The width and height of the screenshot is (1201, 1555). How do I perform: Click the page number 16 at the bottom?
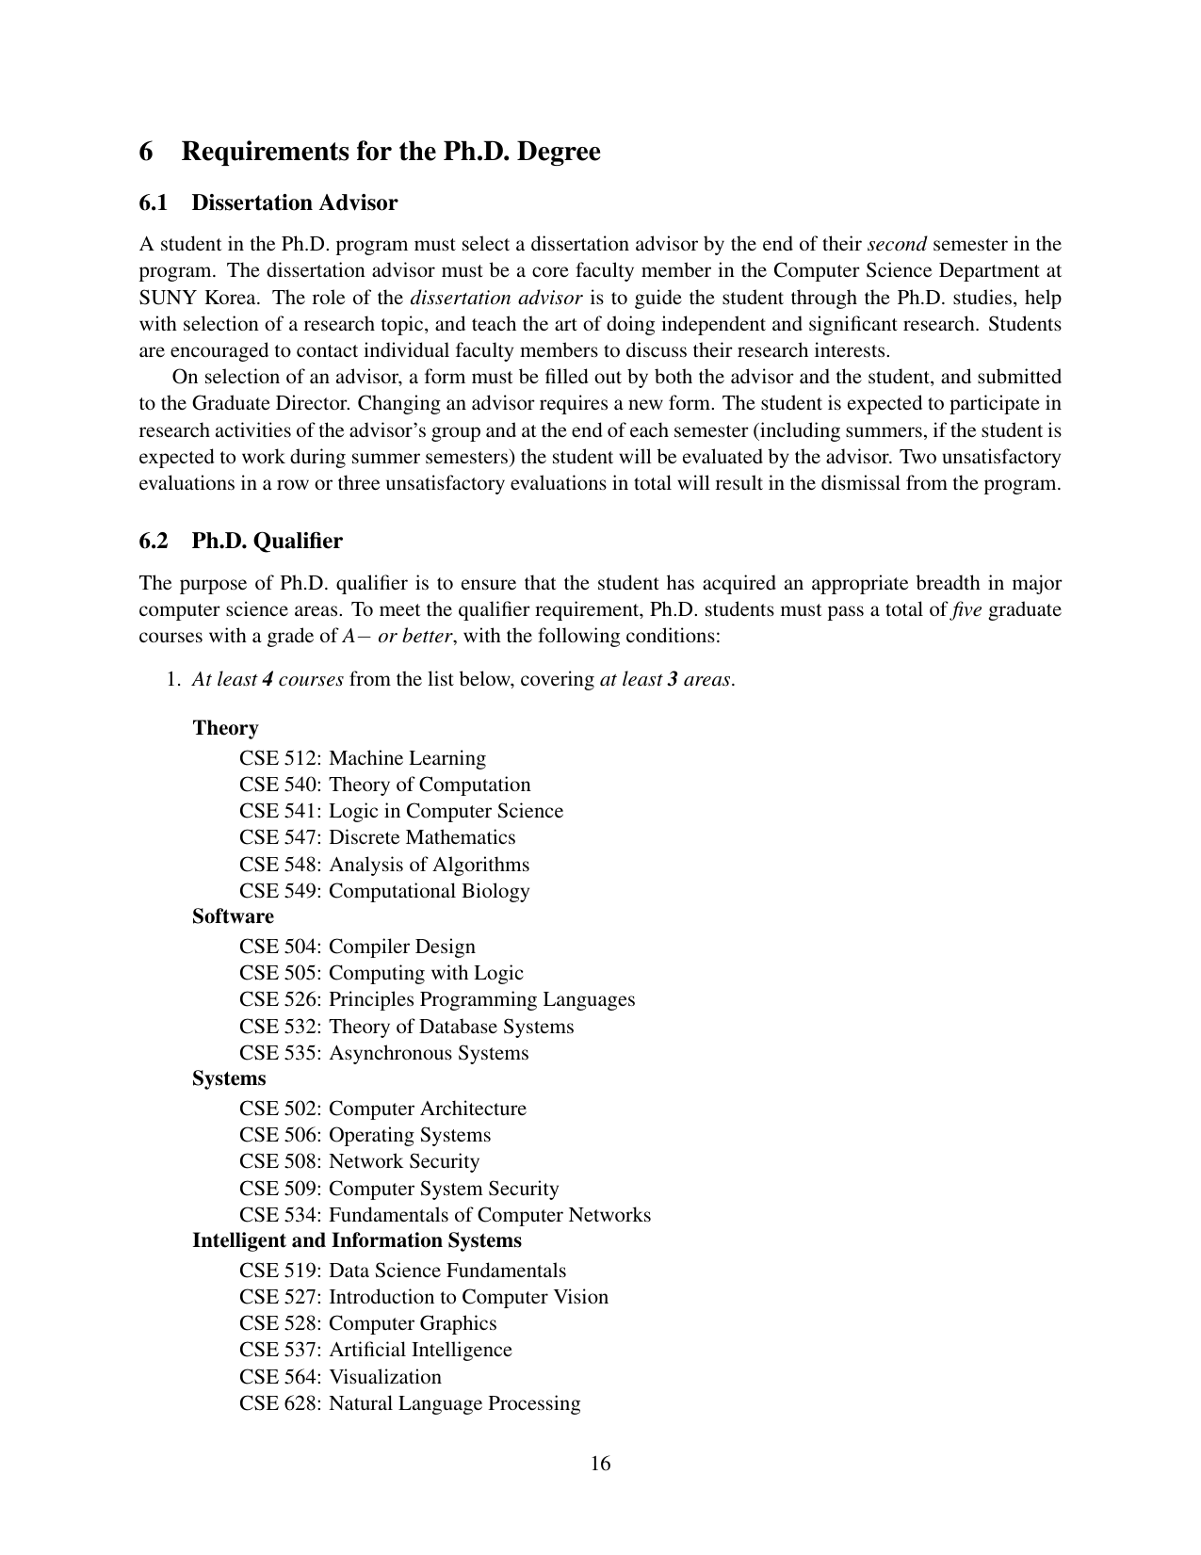coord(600,1464)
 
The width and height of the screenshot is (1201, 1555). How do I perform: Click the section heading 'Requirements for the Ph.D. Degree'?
coord(390,152)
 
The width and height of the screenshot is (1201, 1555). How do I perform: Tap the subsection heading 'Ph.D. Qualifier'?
coord(267,542)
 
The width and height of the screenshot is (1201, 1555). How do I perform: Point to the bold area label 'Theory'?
coord(225,728)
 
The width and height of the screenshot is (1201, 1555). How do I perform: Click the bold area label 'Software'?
coord(233,916)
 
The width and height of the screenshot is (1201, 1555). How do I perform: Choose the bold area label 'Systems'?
coord(229,1078)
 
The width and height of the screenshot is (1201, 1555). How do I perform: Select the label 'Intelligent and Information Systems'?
coord(356,1240)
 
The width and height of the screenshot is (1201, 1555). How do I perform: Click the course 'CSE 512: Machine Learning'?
coord(363,758)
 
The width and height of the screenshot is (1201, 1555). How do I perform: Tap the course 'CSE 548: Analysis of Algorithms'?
coord(384,865)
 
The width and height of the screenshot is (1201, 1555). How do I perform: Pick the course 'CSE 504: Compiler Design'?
coord(357,947)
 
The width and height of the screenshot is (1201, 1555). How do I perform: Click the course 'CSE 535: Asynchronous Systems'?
coord(383,1053)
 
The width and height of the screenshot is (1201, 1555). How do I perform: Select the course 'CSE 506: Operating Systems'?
coord(365,1135)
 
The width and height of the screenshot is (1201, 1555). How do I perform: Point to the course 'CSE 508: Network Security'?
coord(359,1161)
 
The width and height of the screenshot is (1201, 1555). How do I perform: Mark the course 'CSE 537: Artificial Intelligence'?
coord(376,1350)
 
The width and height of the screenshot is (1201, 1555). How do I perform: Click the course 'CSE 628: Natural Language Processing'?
coord(410,1403)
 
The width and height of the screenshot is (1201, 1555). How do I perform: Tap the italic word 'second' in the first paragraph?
coord(897,245)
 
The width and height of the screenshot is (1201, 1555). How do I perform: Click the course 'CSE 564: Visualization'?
coord(340,1377)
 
